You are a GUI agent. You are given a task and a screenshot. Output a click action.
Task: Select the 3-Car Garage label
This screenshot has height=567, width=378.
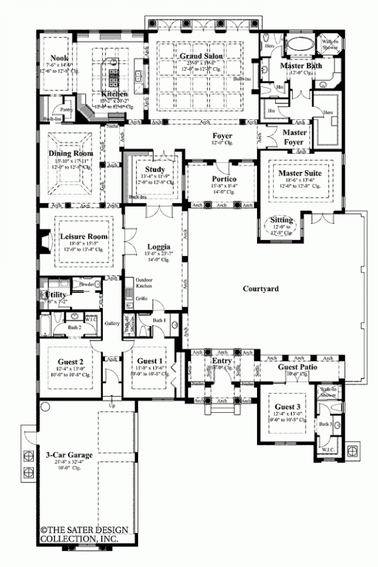click(70, 455)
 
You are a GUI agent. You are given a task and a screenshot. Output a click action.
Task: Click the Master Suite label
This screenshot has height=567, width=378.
click(299, 173)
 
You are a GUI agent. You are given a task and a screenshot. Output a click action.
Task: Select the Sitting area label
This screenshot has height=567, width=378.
click(282, 220)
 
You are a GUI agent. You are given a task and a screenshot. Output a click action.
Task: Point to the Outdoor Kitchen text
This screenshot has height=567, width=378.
click(144, 283)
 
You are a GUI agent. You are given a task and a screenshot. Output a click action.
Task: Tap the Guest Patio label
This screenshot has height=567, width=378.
click(297, 367)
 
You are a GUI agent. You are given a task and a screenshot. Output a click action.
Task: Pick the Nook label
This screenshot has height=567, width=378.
click(58, 58)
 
